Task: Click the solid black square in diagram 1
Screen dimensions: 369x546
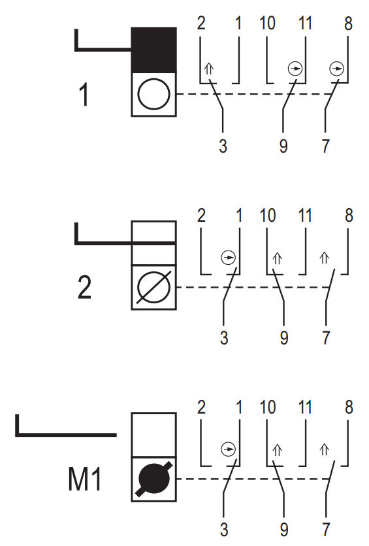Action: point(154,50)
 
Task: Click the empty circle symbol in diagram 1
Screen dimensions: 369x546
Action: point(154,94)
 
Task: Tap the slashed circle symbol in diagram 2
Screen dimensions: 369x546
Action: point(154,287)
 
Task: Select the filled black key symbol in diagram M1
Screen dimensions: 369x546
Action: point(154,479)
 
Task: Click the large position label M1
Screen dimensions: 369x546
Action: point(85,479)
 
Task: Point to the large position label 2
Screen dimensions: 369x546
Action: point(84,287)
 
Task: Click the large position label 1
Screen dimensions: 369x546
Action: point(84,94)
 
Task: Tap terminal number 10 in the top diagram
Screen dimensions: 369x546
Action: point(268,23)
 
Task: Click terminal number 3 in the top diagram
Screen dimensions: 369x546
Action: point(223,146)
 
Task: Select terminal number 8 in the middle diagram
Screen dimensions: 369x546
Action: point(349,215)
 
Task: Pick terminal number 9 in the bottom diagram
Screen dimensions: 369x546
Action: point(284,530)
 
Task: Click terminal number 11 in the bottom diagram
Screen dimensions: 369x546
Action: point(305,407)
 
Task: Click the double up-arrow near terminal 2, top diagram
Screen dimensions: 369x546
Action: point(208,69)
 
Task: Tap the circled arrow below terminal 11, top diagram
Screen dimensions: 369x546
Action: point(295,68)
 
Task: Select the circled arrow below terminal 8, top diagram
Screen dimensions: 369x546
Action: point(336,68)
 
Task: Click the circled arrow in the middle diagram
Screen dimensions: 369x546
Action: point(229,258)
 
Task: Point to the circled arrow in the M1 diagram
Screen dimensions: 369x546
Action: point(229,449)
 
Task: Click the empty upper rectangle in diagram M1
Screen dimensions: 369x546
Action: point(154,434)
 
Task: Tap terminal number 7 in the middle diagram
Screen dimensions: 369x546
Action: point(326,338)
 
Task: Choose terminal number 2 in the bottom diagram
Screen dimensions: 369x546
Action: point(201,407)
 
